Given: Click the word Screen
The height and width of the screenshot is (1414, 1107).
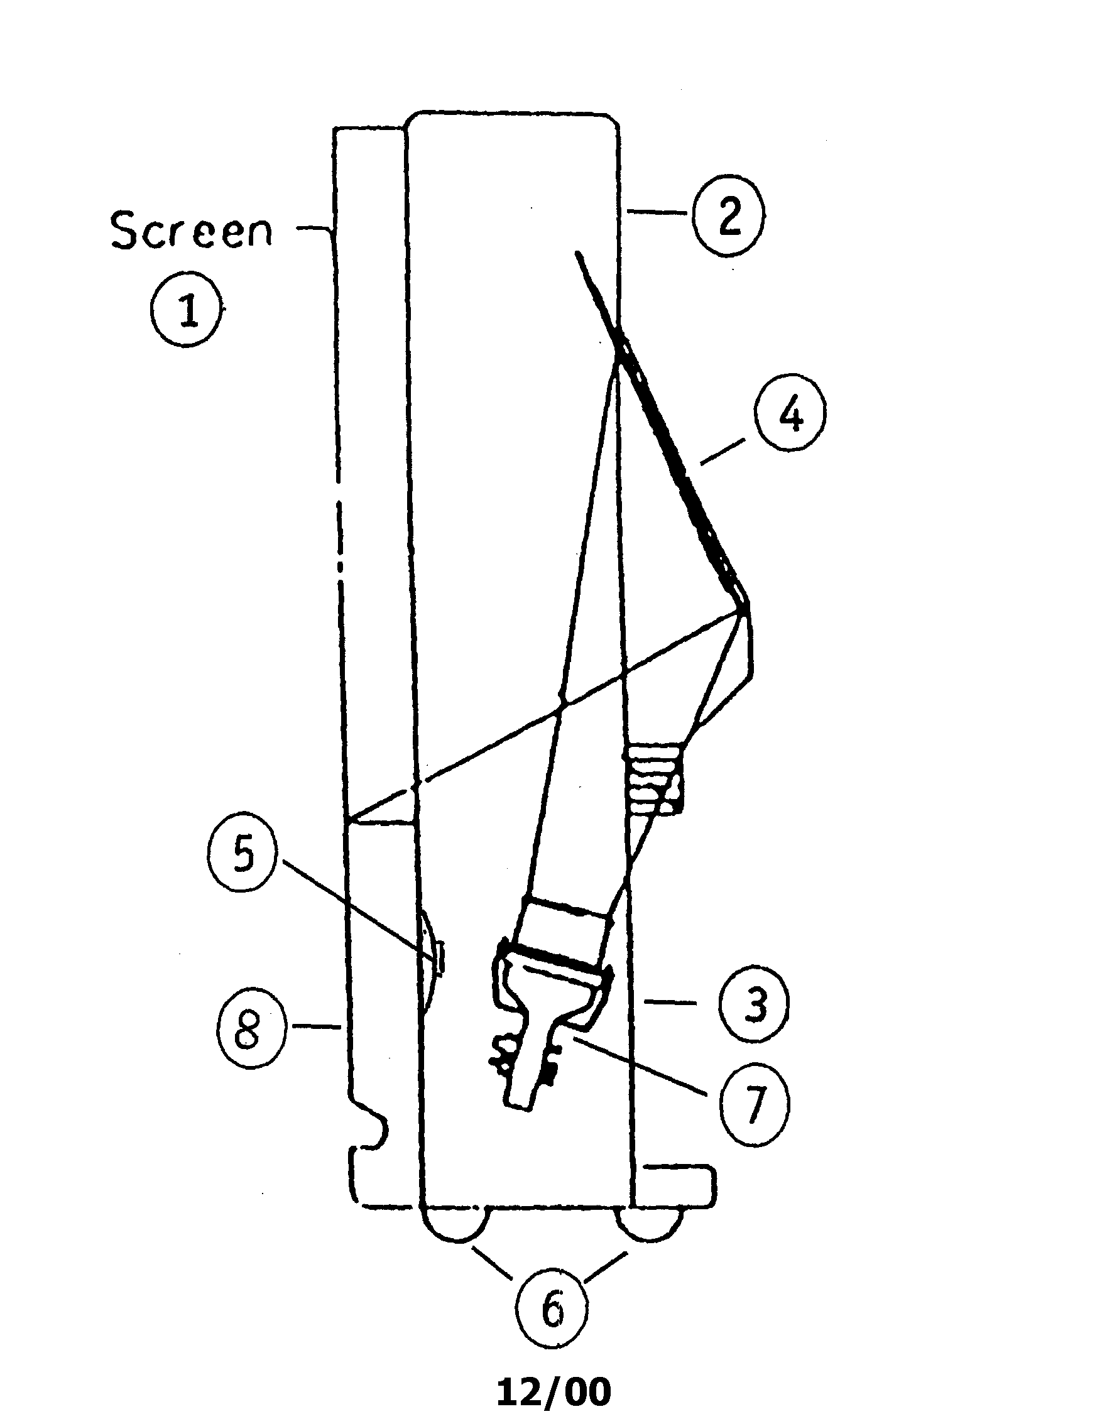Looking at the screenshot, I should pos(192,231).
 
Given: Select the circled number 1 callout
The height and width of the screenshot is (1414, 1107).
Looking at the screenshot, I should pos(188,310).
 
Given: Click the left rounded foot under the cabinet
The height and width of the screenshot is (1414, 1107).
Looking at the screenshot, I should pos(454,1224).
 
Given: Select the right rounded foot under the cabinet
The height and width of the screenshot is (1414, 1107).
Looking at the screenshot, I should pos(650,1224).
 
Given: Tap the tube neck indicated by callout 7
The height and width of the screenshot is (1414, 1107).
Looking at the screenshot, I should pos(532,1063).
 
